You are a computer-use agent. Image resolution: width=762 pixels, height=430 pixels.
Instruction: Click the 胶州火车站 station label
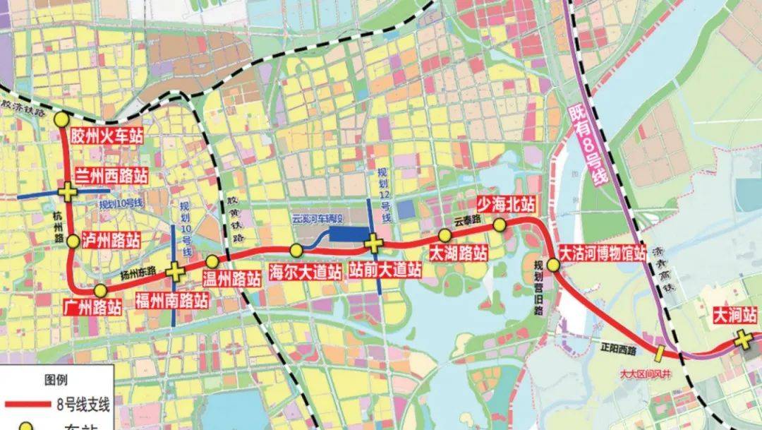tap(107, 136)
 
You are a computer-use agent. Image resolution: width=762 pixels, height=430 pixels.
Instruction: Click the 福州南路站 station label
tap(172, 300)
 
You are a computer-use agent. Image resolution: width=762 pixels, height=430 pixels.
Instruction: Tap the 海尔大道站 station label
tap(306, 271)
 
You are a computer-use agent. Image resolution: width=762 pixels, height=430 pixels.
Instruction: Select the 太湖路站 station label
tap(459, 253)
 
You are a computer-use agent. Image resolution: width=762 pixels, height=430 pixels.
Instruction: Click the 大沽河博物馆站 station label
tap(602, 253)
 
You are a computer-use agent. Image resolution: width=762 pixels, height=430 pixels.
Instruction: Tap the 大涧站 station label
tap(736, 313)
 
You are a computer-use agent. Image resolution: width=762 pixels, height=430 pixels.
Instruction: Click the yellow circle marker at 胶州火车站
tap(61, 119)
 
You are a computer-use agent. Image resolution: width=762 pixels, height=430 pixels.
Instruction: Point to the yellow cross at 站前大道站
tap(374, 244)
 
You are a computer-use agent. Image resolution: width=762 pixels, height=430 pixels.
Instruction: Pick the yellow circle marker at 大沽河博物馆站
tap(553, 265)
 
